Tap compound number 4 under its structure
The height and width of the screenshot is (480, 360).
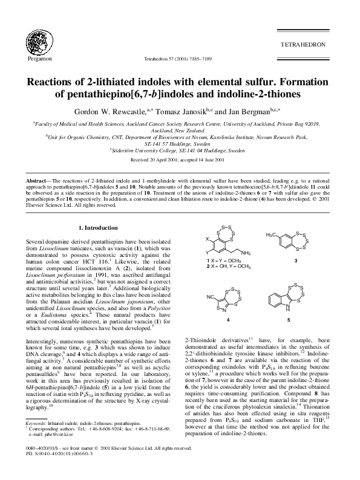pos(227,319)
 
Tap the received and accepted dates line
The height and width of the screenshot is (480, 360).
pos(180,143)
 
